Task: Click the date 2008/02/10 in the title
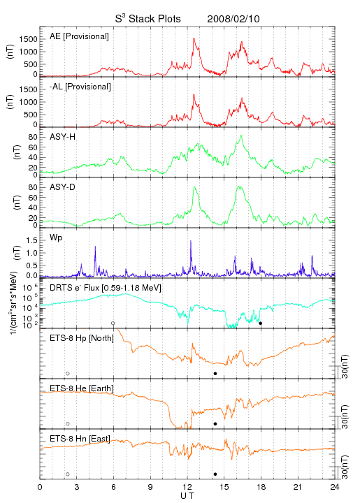233,19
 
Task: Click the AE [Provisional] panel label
79,36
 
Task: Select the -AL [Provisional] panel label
80,87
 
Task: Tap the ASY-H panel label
63,137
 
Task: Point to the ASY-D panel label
62,187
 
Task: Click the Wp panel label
56,238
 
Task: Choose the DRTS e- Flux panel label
106,288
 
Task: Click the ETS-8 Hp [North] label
82,338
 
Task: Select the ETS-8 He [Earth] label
82,388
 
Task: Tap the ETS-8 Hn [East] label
80,439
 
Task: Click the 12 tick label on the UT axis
187,487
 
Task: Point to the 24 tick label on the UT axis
335,487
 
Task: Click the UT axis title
187,495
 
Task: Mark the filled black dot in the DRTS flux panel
261,323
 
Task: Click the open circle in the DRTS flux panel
113,323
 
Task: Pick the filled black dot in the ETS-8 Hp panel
215,373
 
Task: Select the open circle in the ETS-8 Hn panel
68,474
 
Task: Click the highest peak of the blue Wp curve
191,240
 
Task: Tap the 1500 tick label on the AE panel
28,39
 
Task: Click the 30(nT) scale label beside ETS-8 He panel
345,416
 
